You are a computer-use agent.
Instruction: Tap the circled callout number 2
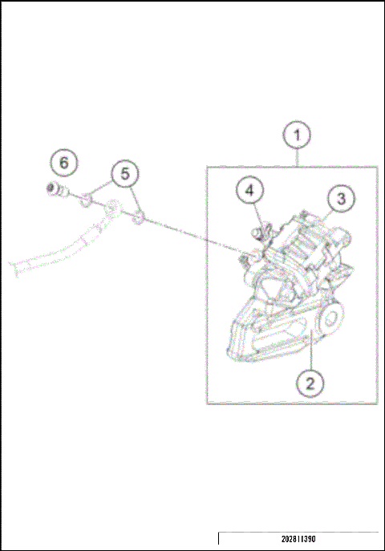point(310,383)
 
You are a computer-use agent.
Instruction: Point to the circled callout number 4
point(249,191)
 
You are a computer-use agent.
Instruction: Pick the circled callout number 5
point(125,172)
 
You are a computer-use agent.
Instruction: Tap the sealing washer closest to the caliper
point(140,217)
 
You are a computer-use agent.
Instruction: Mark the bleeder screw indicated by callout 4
point(258,232)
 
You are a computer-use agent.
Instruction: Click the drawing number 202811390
point(298,539)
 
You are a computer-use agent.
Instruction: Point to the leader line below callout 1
point(298,158)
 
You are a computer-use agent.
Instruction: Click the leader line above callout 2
point(306,357)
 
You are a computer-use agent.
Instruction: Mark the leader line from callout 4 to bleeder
point(256,213)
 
